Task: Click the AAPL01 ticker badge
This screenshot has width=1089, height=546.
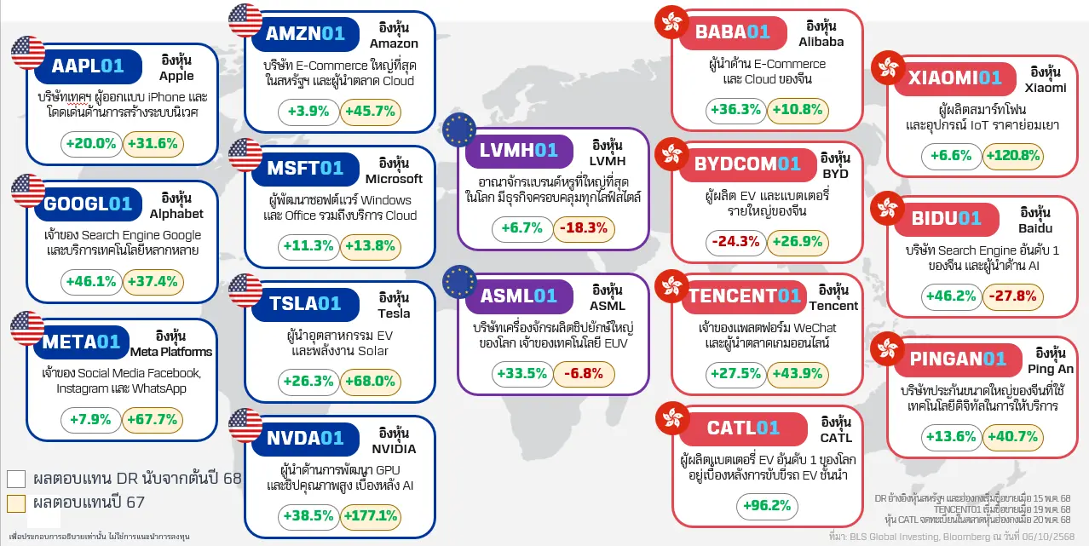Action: [x=87, y=66]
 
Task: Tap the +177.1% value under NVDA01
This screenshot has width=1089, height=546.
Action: [x=370, y=515]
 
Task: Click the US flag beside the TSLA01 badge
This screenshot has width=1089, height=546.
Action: [x=245, y=291]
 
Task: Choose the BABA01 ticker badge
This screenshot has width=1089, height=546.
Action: [x=732, y=32]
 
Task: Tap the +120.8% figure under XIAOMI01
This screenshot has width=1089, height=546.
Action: [x=1012, y=156]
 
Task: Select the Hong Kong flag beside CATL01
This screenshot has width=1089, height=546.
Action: [x=673, y=417]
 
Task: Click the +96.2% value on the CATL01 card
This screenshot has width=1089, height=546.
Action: [x=767, y=506]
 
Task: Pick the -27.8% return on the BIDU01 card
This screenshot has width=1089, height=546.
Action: [x=1012, y=296]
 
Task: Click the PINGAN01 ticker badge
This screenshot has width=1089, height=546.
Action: [x=958, y=359]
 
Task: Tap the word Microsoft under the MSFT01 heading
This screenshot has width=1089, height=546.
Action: [x=394, y=179]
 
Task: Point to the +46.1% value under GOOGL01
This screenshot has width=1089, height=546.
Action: [x=89, y=282]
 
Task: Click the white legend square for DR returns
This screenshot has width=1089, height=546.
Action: [x=16, y=478]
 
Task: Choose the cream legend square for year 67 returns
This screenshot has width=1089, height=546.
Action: [x=16, y=503]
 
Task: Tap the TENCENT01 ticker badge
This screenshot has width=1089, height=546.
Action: [x=745, y=296]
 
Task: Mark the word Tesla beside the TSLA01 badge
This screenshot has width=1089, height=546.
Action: [x=394, y=313]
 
